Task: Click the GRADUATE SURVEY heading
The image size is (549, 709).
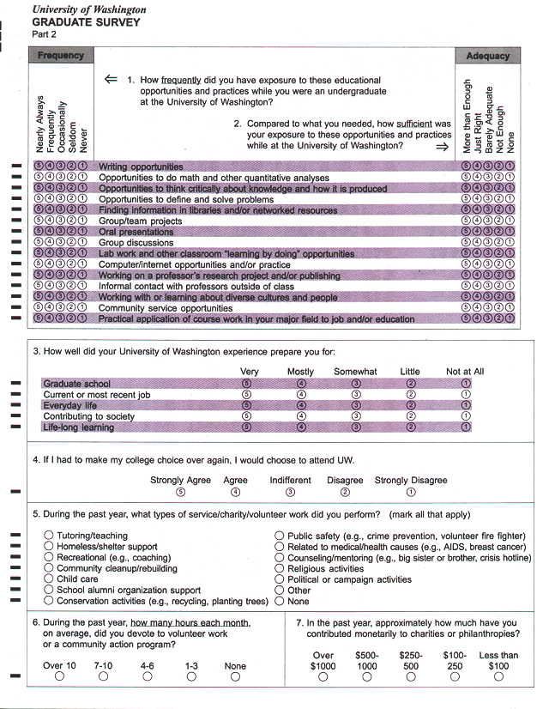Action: coord(86,22)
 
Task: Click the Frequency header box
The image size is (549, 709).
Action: coord(61,56)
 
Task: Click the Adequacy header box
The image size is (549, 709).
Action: coord(486,56)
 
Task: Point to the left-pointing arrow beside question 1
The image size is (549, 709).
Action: coord(110,79)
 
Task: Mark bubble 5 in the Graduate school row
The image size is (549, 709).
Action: coord(247,384)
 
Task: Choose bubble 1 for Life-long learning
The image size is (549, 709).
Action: coord(466,427)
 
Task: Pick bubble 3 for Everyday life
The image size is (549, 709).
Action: coord(356,405)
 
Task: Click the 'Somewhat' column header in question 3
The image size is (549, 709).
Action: coord(355,372)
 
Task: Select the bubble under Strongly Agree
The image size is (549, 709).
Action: coord(180,493)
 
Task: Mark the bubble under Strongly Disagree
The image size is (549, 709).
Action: coord(411,493)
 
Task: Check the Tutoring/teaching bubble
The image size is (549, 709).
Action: coord(48,536)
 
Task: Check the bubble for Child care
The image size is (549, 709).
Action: coord(48,579)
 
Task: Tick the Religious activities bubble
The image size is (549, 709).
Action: coord(280,568)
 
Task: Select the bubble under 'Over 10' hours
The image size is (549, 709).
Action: coord(59,676)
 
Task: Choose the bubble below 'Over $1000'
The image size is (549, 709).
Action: coord(323,676)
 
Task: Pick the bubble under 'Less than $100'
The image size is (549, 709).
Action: coord(498,676)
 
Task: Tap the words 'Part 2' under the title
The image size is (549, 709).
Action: coord(44,34)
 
